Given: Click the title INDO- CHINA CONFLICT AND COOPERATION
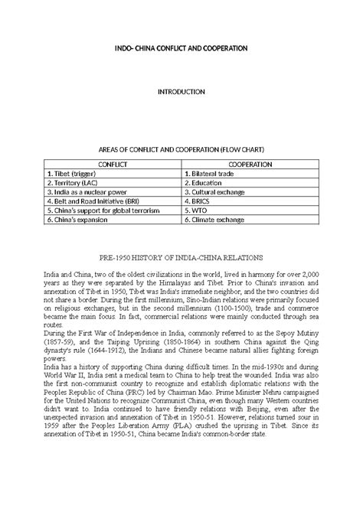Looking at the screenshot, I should [x=181, y=47].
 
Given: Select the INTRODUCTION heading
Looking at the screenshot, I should [x=181, y=92].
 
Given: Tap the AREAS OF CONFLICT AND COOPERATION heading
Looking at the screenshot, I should [x=181, y=152].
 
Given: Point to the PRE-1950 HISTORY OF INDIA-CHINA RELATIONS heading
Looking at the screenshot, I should [x=181, y=260].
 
